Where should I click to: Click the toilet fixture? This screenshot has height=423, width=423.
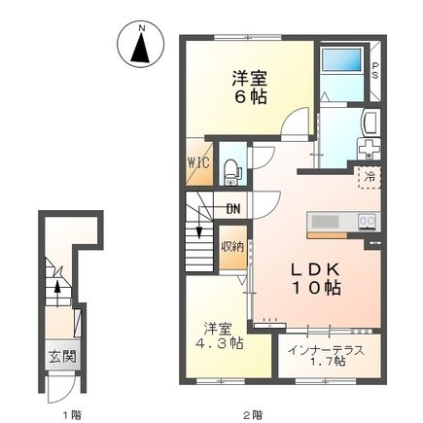pyautogui.click(x=232, y=172)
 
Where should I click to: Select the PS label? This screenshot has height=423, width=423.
pyautogui.click(x=375, y=70)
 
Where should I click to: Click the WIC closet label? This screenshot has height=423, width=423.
pyautogui.click(x=198, y=162)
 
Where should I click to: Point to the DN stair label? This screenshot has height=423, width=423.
pyautogui.click(x=233, y=209)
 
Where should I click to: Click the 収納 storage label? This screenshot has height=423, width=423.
pyautogui.click(x=232, y=248)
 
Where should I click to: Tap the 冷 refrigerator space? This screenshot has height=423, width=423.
pyautogui.click(x=370, y=177)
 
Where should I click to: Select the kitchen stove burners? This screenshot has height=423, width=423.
pyautogui.click(x=369, y=222)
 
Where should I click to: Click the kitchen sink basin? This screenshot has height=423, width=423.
pyautogui.click(x=325, y=222)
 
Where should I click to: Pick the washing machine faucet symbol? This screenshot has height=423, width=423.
pyautogui.click(x=369, y=150)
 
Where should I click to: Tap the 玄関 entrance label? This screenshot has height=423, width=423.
pyautogui.click(x=62, y=357)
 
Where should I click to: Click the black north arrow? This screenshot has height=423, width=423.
pyautogui.click(x=140, y=48)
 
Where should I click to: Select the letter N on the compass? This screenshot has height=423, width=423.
pyautogui.click(x=141, y=28)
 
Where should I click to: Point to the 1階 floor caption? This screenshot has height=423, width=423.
pyautogui.click(x=72, y=414)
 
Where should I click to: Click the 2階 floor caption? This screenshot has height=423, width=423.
pyautogui.click(x=253, y=414)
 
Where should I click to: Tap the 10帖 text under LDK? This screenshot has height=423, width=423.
pyautogui.click(x=316, y=288)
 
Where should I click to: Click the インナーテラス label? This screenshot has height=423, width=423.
pyautogui.click(x=326, y=351)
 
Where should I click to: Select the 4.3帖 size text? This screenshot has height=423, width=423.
pyautogui.click(x=220, y=343)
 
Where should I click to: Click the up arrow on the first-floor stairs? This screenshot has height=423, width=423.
pyautogui.click(x=57, y=294)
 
